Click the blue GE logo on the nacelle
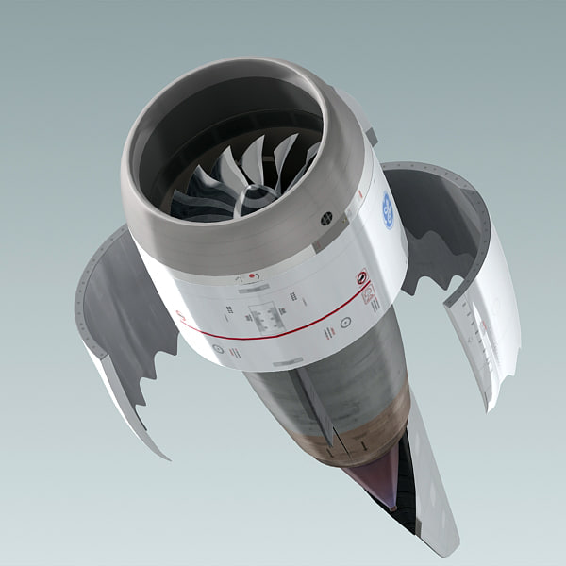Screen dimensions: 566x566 coord(388,208)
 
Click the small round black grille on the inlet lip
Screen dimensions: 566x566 coord(327,216)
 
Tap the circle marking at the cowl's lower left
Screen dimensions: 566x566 coord(218,349)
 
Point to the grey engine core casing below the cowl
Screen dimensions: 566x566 coord(283,396)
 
